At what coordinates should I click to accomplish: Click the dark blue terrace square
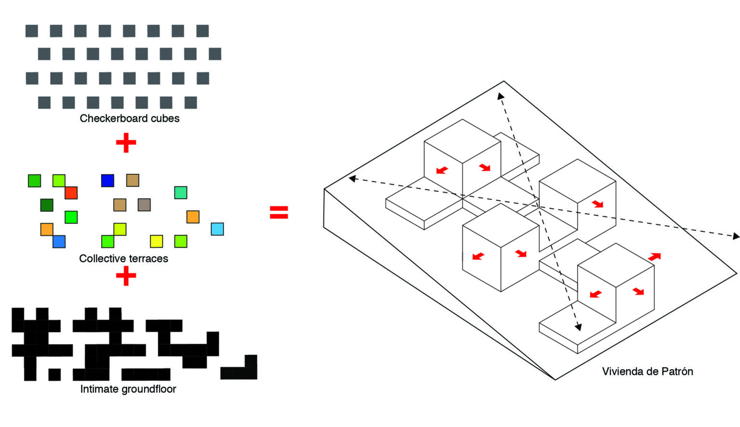tap(107, 181)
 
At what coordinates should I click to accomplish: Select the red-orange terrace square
tap(71, 193)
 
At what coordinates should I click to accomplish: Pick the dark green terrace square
tap(47, 205)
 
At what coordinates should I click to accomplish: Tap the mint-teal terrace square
tap(181, 193)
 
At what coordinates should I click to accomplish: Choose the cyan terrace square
tap(217, 229)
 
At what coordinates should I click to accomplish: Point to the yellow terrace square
tap(156, 241)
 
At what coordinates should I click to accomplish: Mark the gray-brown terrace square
tap(144, 205)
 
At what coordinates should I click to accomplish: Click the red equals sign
tap(279, 212)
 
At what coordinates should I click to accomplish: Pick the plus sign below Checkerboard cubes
tap(126, 142)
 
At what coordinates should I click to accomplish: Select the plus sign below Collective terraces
tap(126, 276)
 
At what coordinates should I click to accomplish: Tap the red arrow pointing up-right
tap(654, 257)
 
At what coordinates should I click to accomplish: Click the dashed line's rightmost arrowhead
tap(736, 236)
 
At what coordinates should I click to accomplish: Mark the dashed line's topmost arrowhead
tap(500, 96)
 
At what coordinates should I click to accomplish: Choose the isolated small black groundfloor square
tap(54, 374)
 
